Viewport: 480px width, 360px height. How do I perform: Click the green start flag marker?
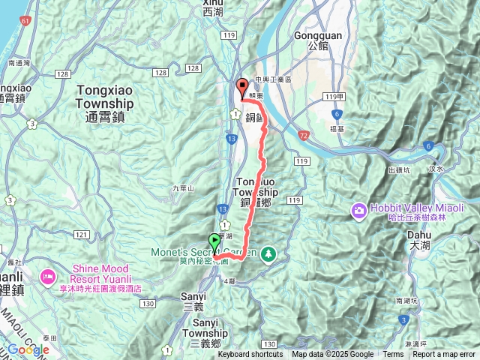pos(216,242)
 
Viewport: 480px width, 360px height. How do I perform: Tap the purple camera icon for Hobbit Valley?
pos(358,210)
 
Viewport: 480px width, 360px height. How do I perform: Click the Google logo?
pos(28,349)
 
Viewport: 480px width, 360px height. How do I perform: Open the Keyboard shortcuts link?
pos(250,355)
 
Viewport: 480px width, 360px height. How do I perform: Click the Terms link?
pos(393,355)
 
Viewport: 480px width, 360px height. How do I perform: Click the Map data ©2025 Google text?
pos(332,355)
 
